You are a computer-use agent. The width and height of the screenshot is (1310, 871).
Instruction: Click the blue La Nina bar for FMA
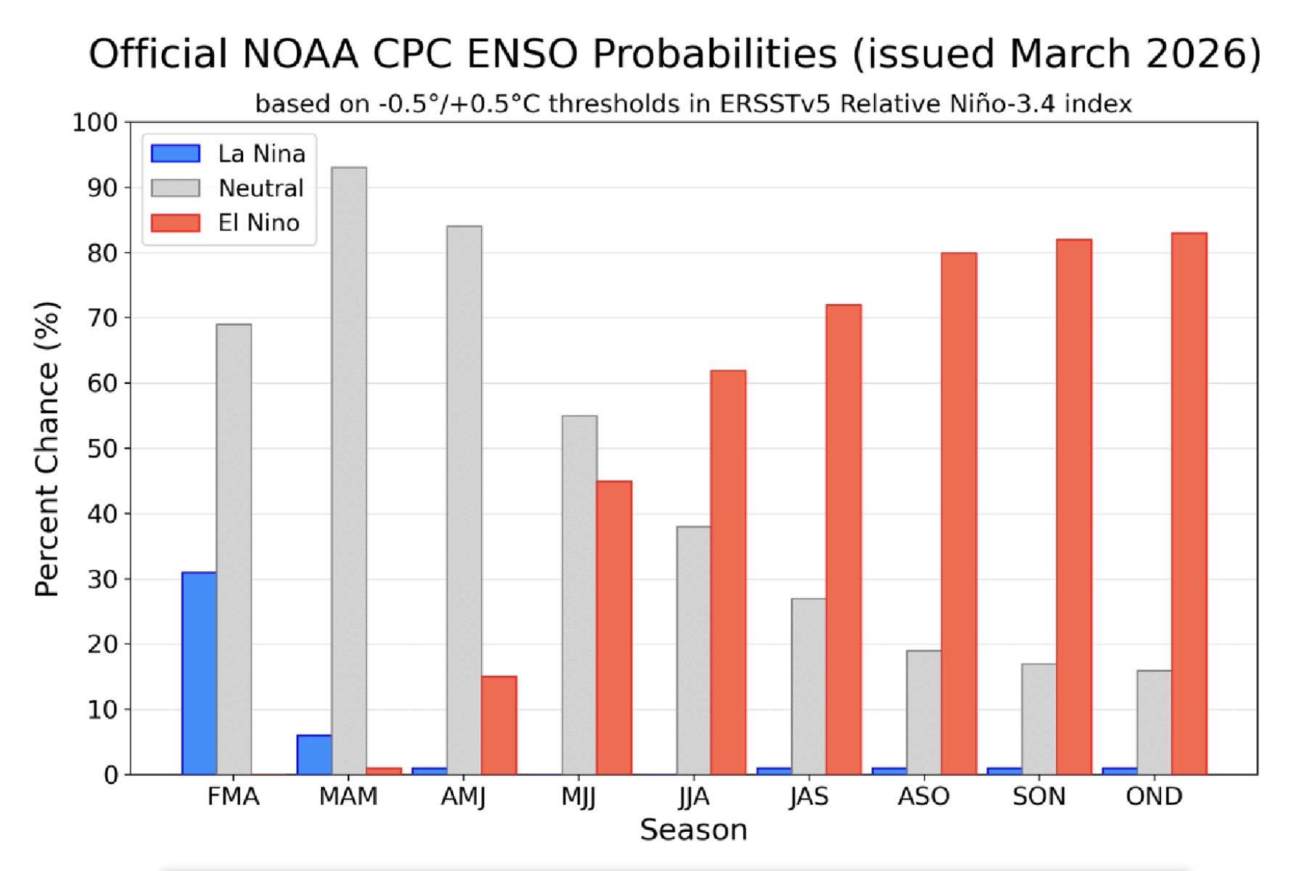(x=199, y=674)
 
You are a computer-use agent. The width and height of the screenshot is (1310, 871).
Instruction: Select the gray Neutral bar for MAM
(x=349, y=471)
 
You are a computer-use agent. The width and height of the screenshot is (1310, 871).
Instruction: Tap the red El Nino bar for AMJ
(x=499, y=725)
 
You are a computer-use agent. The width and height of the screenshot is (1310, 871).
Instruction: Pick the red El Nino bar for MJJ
(x=614, y=628)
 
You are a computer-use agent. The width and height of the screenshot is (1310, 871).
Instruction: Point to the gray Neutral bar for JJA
(x=694, y=650)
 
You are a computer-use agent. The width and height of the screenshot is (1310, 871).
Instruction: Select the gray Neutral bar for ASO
(x=924, y=712)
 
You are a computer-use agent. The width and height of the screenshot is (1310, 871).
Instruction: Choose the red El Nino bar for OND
(x=1189, y=504)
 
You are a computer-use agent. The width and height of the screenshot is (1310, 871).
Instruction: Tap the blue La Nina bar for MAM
(x=314, y=755)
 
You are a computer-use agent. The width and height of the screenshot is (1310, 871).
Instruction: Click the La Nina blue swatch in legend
(x=176, y=154)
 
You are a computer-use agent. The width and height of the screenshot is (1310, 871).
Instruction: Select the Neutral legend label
(x=261, y=189)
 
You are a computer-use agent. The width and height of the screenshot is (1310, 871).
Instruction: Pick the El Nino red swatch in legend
(x=176, y=223)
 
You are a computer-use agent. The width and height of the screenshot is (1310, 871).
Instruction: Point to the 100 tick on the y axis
(x=94, y=123)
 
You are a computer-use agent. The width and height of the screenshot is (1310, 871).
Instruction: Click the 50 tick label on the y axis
(x=102, y=449)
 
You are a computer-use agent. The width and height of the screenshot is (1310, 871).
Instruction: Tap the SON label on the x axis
(x=1039, y=797)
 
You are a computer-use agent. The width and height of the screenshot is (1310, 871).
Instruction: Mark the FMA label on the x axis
(x=233, y=797)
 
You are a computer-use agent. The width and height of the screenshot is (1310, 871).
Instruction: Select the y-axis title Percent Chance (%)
(x=47, y=449)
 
